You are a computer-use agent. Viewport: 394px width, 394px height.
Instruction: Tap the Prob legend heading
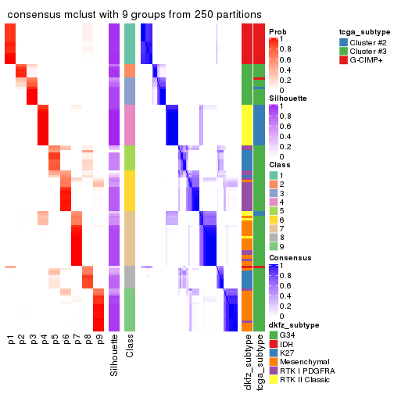coord(277,32)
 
